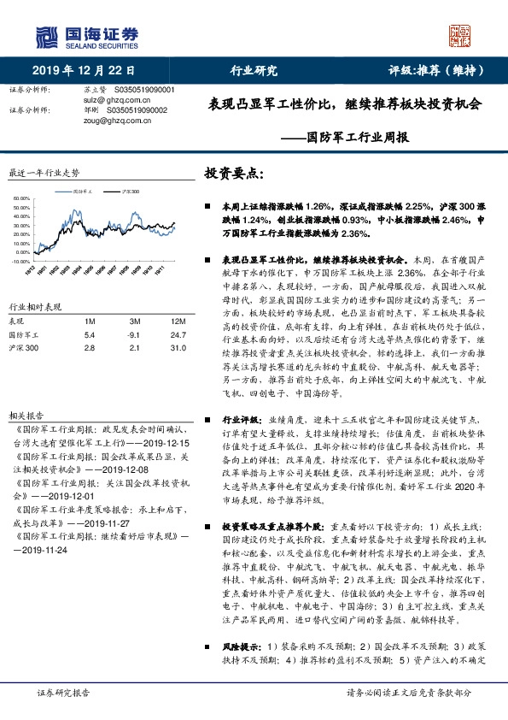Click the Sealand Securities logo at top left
coord(85,35)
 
